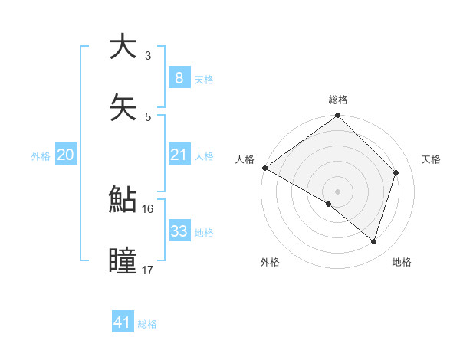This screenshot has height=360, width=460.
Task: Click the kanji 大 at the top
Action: (122, 46)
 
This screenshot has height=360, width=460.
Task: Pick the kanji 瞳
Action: (122, 260)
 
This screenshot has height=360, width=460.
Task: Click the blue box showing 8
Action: (179, 77)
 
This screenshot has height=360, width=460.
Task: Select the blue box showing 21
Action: (179, 155)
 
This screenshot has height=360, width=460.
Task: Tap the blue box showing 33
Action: (179, 231)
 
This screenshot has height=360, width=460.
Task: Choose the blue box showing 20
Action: (65, 155)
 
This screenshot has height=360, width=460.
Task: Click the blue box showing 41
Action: (123, 322)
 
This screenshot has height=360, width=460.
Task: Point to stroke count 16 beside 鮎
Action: (148, 208)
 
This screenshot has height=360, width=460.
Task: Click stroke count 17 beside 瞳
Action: (148, 269)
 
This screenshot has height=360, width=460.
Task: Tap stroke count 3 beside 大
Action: (148, 55)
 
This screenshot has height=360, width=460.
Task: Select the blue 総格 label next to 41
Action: (147, 324)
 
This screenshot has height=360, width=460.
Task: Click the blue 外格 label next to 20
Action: (41, 155)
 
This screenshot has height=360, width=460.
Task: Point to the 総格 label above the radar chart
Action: (338, 100)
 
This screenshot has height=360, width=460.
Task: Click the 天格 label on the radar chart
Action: (431, 159)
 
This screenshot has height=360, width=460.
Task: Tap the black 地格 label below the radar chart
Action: (402, 262)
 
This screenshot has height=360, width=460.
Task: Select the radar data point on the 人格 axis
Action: (264, 168)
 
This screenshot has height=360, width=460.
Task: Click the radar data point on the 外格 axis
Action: (329, 204)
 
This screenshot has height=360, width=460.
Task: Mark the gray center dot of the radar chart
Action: (338, 191)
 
